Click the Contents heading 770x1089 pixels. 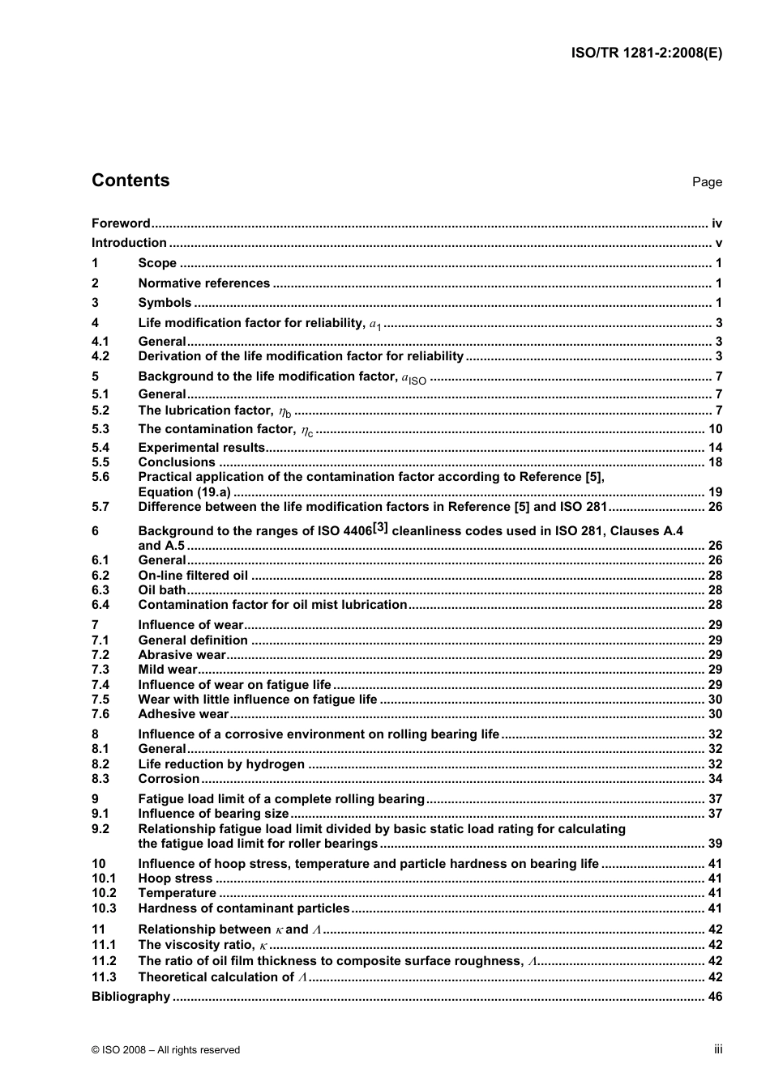(130, 181)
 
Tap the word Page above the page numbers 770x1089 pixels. (707, 182)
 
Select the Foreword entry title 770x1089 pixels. (121, 223)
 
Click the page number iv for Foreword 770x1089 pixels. (717, 223)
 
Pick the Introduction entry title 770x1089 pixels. (129, 243)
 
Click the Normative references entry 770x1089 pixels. (203, 283)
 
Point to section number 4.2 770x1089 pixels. (101, 356)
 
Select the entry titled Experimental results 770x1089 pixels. (201, 448)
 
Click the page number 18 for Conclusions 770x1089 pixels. (715, 462)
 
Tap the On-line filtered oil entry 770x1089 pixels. (193, 576)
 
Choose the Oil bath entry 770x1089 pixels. (162, 590)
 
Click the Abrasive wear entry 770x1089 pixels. (182, 655)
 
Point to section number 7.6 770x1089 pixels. (101, 714)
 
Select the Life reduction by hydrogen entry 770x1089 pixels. (221, 764)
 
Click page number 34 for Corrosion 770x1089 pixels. (715, 779)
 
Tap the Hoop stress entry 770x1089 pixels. (175, 878)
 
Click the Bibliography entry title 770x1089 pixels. (130, 997)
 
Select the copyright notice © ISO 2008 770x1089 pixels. (165, 1050)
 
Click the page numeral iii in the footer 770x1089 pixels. (718, 1049)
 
